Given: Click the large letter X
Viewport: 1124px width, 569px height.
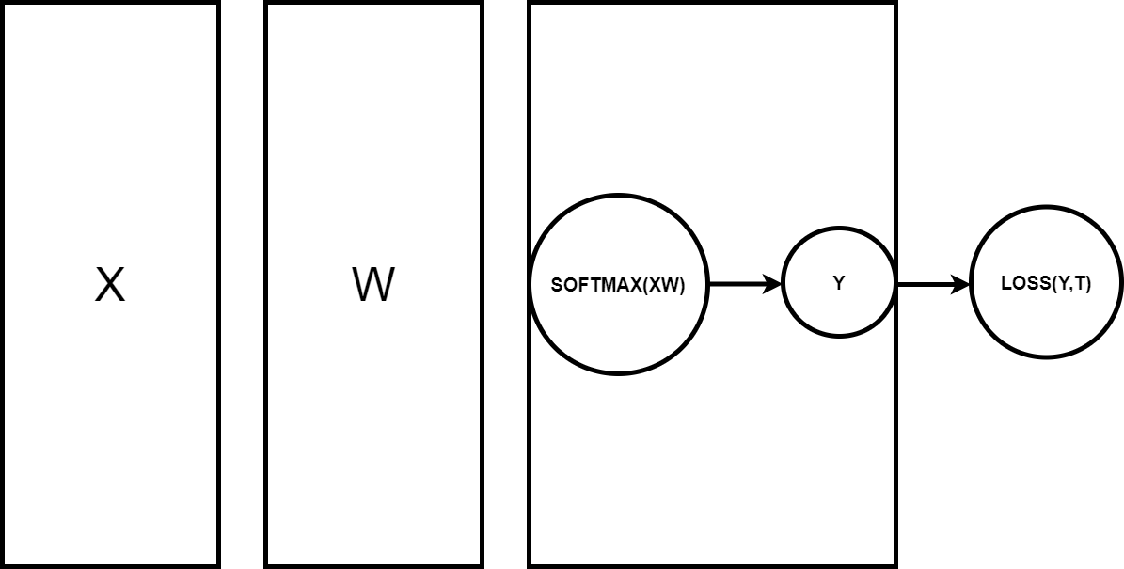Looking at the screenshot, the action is coord(110,285).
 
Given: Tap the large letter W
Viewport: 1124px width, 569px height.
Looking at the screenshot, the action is coord(372,285).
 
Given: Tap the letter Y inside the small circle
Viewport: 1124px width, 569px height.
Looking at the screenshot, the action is coord(838,283).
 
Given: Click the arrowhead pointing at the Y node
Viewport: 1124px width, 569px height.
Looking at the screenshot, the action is coord(774,283).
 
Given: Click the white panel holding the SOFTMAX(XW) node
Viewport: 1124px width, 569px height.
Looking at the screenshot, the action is coord(712,113).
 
